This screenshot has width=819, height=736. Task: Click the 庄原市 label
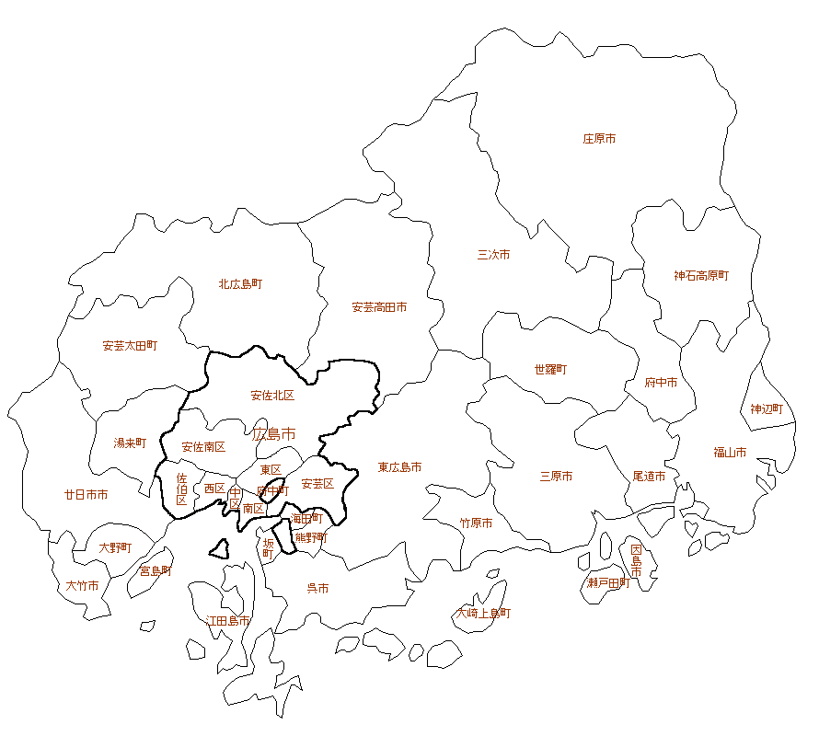[x=599, y=139]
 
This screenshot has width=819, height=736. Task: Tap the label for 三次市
[x=493, y=255]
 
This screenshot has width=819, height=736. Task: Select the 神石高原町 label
[x=700, y=275]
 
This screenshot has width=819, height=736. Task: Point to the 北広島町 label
[x=240, y=284]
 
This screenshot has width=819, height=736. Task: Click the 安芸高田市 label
[x=379, y=307]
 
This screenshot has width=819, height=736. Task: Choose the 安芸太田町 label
[x=130, y=346]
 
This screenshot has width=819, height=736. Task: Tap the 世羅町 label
[x=550, y=370]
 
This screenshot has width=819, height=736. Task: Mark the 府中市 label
[x=661, y=383]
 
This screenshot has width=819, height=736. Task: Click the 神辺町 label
[x=767, y=408]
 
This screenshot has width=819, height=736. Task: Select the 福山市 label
[x=730, y=452]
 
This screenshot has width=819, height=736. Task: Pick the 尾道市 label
[x=649, y=477]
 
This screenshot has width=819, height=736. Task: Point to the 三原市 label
[x=556, y=477]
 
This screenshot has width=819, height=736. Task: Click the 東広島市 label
[x=399, y=468]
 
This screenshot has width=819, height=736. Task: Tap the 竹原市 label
[x=476, y=523]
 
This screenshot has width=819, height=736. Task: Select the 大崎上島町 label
[x=483, y=613]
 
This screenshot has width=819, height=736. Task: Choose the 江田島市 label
[x=228, y=621]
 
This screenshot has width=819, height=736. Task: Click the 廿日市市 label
[x=86, y=495]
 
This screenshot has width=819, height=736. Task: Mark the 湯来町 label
[x=130, y=443]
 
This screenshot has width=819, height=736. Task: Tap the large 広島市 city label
[x=274, y=433]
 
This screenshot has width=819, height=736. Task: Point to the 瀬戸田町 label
[x=608, y=583]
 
